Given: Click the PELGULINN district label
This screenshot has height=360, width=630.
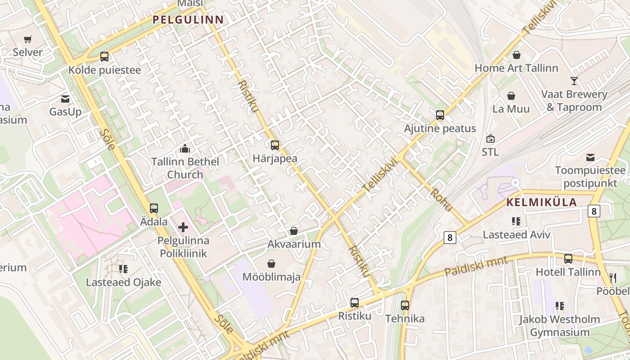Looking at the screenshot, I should click(x=188, y=20).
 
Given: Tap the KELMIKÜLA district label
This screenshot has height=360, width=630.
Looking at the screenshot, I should click(x=541, y=202).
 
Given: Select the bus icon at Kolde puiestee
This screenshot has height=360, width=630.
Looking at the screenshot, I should click(x=104, y=57).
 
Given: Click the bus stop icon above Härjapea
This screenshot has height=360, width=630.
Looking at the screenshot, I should click(x=275, y=145).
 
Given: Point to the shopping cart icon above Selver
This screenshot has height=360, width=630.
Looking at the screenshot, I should click(x=28, y=40).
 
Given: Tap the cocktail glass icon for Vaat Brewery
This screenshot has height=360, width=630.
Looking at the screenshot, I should click(x=574, y=81).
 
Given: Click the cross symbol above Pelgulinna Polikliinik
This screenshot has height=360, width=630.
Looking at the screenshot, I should click(x=183, y=227).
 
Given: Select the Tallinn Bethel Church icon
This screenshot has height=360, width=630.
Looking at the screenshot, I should click(x=184, y=148).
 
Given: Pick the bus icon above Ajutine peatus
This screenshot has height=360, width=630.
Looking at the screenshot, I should click(x=440, y=115).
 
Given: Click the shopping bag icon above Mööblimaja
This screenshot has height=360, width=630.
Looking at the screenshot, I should click(x=271, y=263).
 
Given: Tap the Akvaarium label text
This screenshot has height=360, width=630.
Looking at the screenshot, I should click(x=294, y=244).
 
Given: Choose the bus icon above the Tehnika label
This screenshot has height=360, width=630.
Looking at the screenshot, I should click(x=405, y=306).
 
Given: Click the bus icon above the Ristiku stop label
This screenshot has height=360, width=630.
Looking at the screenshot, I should click(x=355, y=303).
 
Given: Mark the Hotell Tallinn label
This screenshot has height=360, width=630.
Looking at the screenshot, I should click(x=568, y=272).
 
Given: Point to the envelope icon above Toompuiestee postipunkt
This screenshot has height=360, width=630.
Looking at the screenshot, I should click(x=590, y=157).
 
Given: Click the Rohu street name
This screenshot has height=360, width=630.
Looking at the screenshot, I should click(x=441, y=199).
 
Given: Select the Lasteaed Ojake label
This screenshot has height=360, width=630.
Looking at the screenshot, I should click(x=123, y=283).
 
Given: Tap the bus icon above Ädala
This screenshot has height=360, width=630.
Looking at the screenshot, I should click(x=154, y=208).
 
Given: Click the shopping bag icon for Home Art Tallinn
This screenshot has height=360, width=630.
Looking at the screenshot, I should click(x=517, y=55).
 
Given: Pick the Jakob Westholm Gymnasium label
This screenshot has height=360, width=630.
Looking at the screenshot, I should click(x=559, y=326).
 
